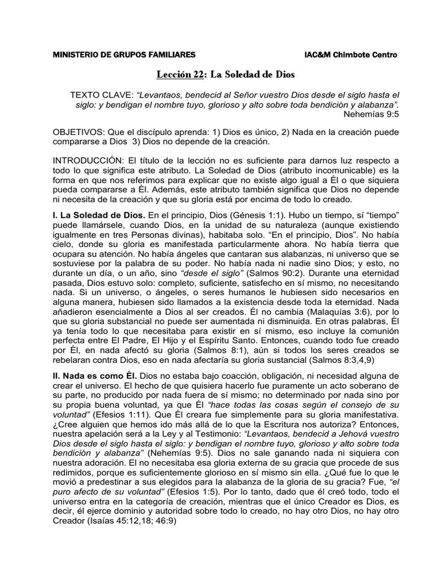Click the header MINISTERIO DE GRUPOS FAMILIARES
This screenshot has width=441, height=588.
(x=124, y=55)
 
